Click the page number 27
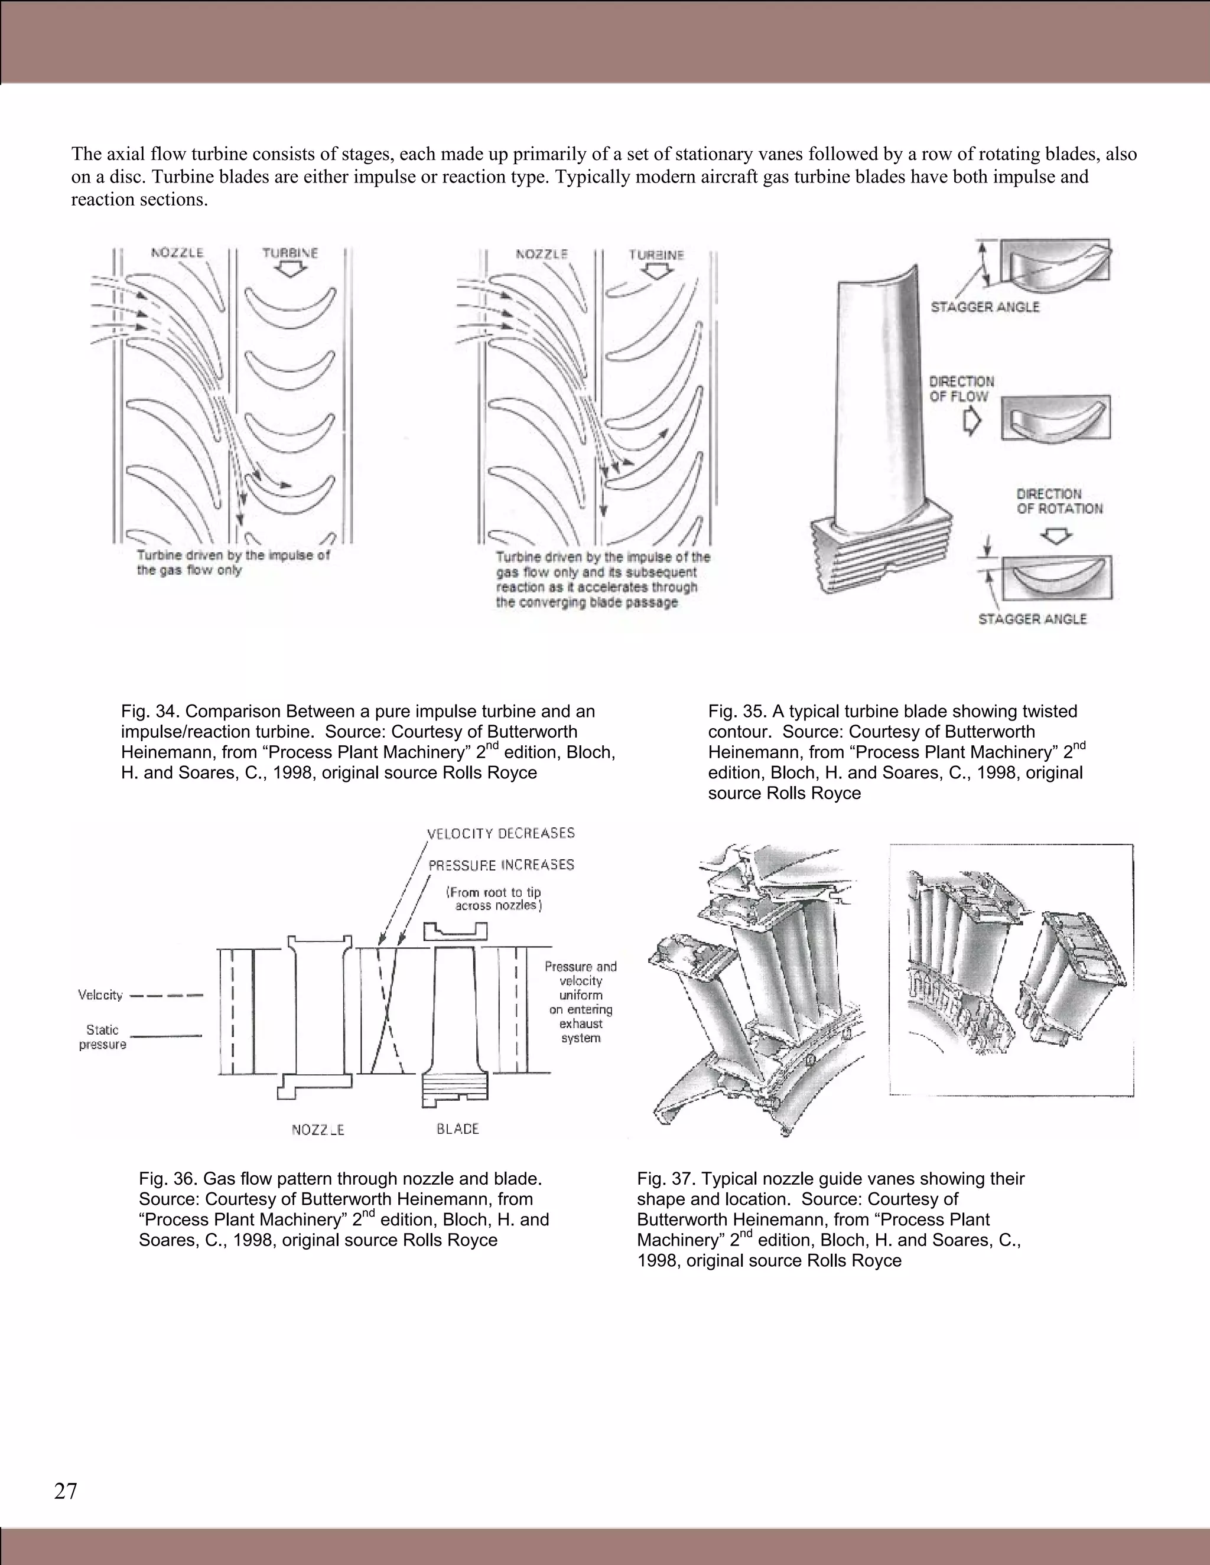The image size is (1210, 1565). point(65,1491)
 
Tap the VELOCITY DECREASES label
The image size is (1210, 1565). point(500,833)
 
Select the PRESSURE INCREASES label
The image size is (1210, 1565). point(501,865)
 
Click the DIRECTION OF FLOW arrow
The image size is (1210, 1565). point(971,422)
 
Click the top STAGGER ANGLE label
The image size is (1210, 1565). point(984,307)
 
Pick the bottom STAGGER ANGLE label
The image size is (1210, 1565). point(1032,618)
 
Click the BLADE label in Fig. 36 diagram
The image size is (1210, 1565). point(457,1129)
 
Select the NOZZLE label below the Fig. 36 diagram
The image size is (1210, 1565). point(317,1130)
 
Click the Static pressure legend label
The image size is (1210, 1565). point(102,1037)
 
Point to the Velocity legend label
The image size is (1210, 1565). point(100,995)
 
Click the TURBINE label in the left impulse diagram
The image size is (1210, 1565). point(290,253)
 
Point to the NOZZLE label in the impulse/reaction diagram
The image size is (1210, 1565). point(542,255)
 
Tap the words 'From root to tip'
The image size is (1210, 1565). point(494,892)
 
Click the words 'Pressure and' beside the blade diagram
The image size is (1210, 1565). point(581,967)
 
